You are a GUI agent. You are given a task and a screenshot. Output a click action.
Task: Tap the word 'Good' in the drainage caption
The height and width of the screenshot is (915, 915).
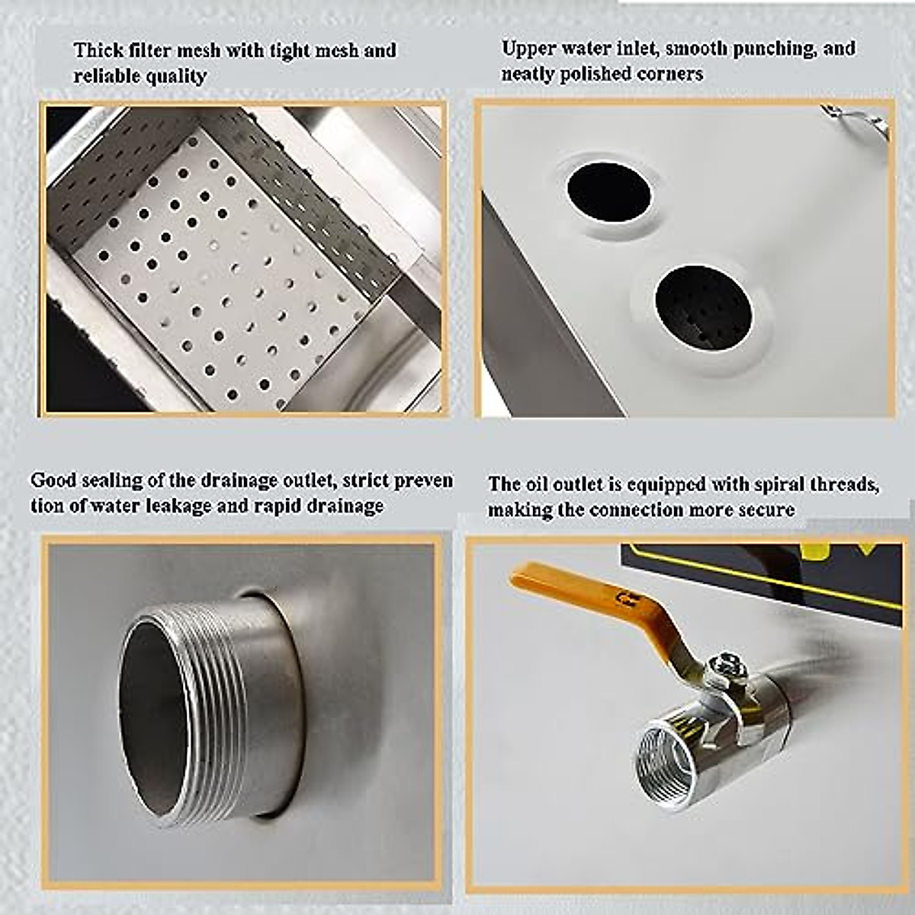pyautogui.click(x=53, y=480)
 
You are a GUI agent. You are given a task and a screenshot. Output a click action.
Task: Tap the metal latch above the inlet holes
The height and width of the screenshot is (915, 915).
pyautogui.click(x=856, y=120)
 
